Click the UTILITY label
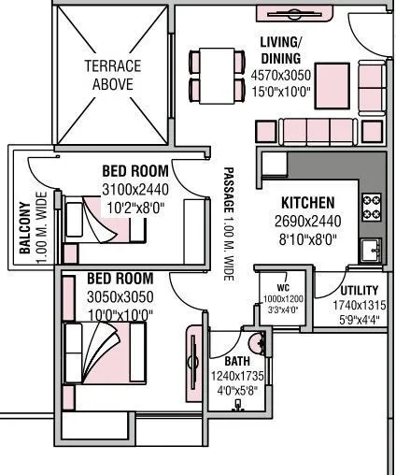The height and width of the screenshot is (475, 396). coord(360,291)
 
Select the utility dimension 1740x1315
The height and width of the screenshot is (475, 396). coord(360,305)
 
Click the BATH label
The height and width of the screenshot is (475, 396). coord(237,361)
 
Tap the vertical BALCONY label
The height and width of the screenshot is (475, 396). coord(25,229)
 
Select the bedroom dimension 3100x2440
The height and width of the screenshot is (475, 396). coord(135,189)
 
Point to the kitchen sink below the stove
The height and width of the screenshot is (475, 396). coord(372,249)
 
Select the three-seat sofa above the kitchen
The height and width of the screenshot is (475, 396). coord(305,130)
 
